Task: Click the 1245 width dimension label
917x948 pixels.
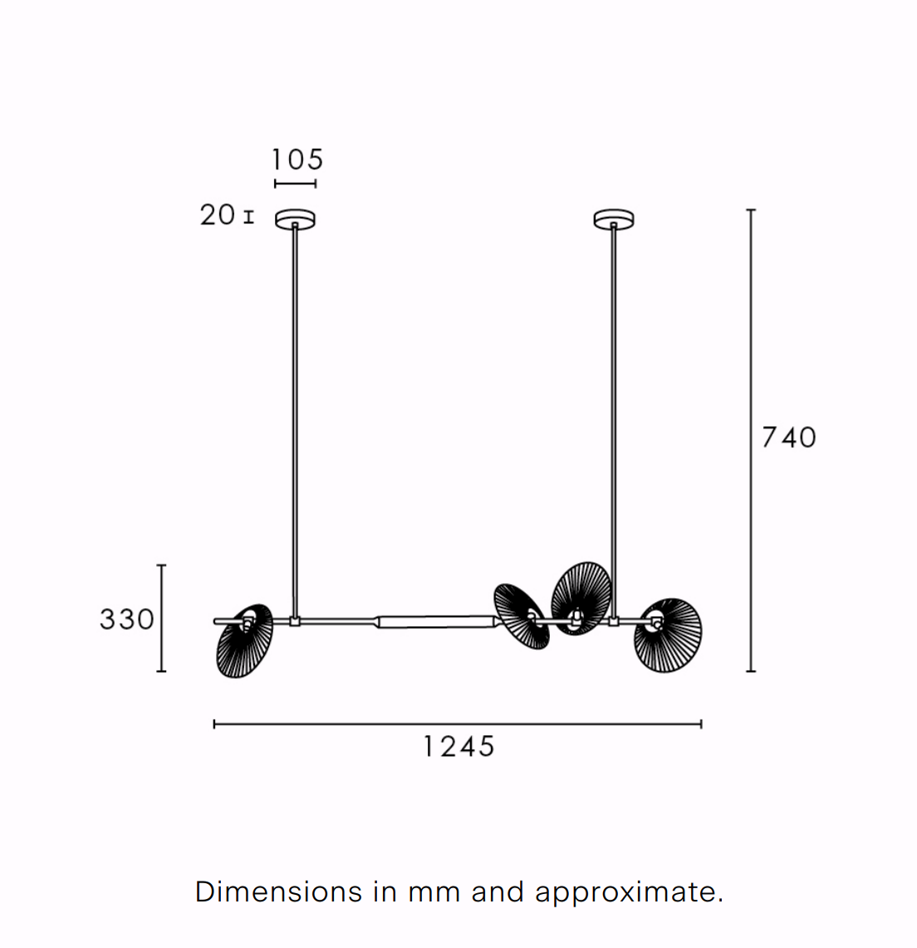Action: click(x=458, y=747)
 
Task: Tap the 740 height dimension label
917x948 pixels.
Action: click(x=789, y=437)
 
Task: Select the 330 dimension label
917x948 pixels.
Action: click(x=127, y=620)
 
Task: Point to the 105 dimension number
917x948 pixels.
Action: click(x=297, y=160)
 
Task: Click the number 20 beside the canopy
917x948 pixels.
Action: click(x=218, y=215)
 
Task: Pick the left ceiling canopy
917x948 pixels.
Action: click(x=295, y=219)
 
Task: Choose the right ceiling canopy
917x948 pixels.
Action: click(x=614, y=219)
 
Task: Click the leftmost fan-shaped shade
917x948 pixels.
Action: click(x=244, y=641)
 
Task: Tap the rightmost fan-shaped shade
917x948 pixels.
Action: click(x=668, y=636)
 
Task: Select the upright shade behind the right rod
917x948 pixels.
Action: click(x=581, y=598)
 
